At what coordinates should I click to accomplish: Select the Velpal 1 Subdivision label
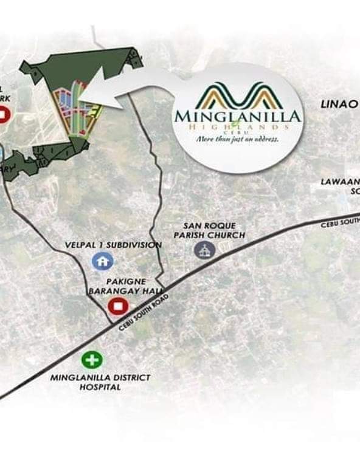point(113,245)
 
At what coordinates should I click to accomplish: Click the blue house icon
point(102,261)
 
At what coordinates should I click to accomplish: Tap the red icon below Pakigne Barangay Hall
point(115,306)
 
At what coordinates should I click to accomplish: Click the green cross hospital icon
point(92,360)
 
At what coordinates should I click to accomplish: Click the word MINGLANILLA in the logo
point(237,115)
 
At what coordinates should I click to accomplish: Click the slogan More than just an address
point(237,139)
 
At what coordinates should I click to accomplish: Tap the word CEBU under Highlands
point(238,132)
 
